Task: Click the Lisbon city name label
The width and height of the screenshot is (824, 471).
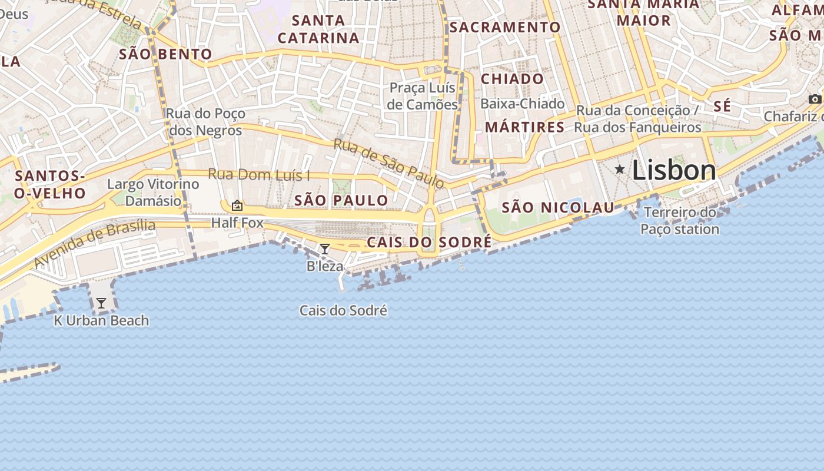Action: tap(674, 171)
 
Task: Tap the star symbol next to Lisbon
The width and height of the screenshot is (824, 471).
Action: tap(620, 170)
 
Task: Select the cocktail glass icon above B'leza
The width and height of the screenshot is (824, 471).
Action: tap(324, 249)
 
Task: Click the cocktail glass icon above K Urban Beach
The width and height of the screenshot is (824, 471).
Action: tap(101, 303)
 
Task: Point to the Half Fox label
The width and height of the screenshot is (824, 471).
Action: tap(237, 223)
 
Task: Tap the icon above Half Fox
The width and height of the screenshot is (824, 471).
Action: tap(237, 205)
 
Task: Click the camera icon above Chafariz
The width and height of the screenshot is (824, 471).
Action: tap(815, 99)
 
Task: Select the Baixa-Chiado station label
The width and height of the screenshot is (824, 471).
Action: tap(522, 104)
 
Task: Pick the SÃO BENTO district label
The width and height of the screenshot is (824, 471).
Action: tap(165, 54)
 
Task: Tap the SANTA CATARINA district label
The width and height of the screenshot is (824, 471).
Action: tap(318, 29)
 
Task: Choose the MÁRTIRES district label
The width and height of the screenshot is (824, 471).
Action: tap(524, 127)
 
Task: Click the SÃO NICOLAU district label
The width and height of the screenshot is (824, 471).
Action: tap(557, 207)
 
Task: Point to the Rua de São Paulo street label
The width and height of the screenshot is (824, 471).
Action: tap(388, 163)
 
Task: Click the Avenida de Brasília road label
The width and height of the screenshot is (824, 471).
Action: tap(94, 243)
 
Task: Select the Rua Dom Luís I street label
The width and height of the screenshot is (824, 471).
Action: tap(259, 175)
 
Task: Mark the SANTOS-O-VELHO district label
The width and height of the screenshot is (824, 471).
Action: tap(50, 184)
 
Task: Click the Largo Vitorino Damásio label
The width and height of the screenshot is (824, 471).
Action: tap(153, 193)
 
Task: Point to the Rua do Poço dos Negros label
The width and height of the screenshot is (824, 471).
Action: tap(205, 122)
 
